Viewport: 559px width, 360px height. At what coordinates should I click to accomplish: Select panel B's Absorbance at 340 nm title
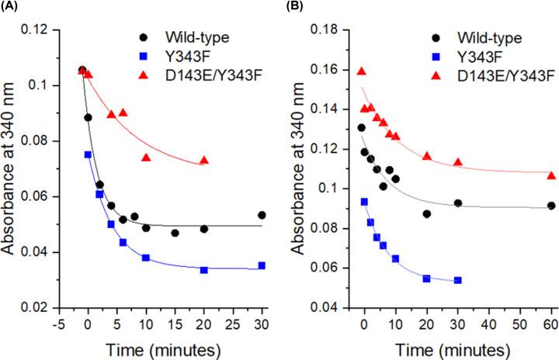(x=307, y=168)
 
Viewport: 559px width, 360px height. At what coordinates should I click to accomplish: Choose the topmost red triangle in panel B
(x=361, y=71)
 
